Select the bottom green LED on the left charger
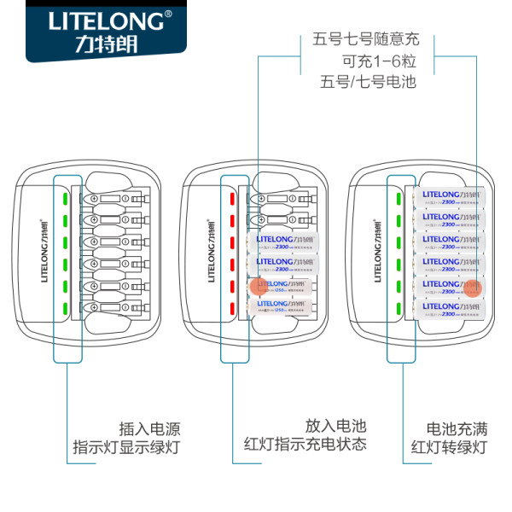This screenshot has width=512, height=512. pos(64,306)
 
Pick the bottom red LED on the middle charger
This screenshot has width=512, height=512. pos(231,306)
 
